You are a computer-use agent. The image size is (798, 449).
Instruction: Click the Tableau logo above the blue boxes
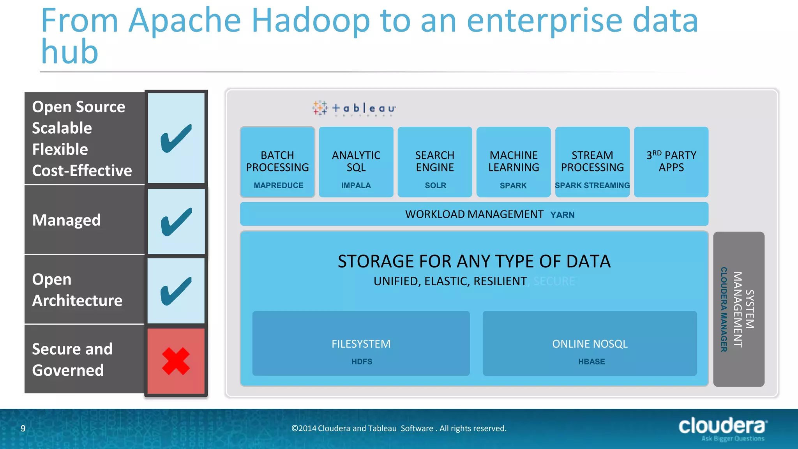(354, 108)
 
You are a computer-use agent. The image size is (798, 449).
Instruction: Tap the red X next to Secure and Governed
(176, 361)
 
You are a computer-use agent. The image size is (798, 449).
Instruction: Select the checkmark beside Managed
(176, 221)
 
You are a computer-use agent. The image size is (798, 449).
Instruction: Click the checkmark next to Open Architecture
(176, 291)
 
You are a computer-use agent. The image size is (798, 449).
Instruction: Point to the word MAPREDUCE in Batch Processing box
(278, 186)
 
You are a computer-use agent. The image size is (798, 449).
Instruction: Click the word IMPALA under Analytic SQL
(356, 186)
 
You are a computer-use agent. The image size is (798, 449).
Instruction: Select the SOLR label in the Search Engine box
(435, 186)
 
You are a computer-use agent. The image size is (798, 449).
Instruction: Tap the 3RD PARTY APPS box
(671, 161)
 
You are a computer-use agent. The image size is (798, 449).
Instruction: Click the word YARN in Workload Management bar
(562, 215)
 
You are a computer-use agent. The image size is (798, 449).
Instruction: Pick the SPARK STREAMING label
(592, 186)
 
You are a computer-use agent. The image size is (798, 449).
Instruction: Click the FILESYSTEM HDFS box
(361, 343)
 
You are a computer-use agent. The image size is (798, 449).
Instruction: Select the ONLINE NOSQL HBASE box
(590, 343)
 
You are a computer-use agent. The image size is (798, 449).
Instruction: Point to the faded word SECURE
(554, 281)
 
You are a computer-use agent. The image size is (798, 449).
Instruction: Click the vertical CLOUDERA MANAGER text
(724, 309)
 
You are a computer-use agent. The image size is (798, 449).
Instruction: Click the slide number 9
(23, 428)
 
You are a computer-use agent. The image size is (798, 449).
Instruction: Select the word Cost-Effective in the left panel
(82, 171)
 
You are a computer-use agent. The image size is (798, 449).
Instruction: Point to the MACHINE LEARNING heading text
(514, 161)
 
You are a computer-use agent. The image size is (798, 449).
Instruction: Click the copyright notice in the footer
(399, 428)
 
